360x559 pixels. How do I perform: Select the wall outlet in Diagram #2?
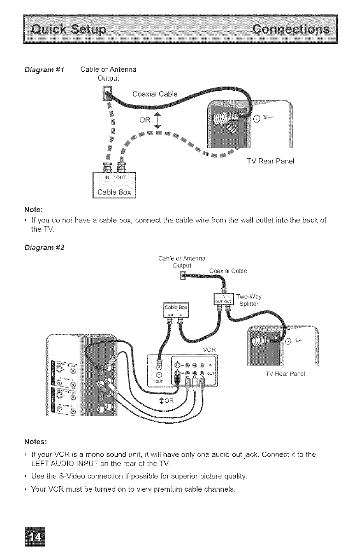tap(183, 277)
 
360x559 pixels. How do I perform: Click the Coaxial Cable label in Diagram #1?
tap(152, 95)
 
